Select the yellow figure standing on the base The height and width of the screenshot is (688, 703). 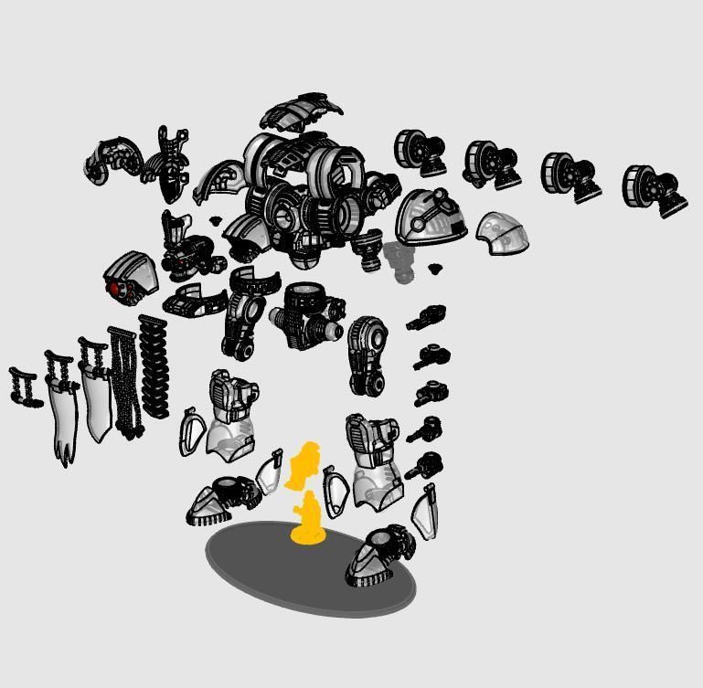point(308,519)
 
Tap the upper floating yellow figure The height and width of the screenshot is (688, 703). point(303,464)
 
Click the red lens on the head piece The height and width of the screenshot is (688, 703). point(115,289)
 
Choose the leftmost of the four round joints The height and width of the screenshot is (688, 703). point(419,153)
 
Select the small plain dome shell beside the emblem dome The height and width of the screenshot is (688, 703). point(504,232)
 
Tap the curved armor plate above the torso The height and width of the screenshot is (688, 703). point(301,112)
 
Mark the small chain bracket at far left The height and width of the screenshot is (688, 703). point(25,386)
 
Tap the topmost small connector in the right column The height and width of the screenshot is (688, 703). point(427,318)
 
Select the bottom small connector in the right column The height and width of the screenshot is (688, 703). point(426,466)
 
